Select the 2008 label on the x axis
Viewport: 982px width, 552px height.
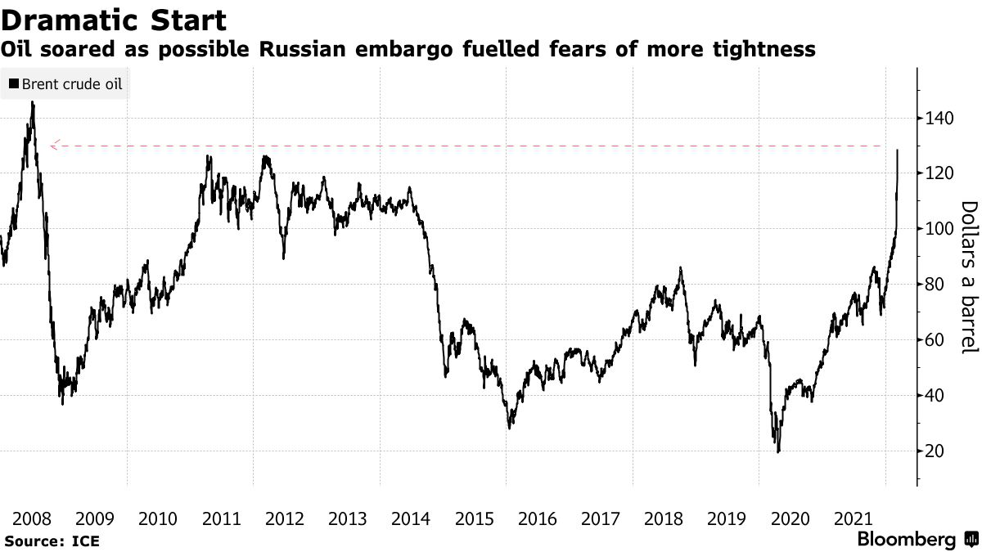coord(32,518)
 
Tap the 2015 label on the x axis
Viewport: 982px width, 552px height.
coord(474,518)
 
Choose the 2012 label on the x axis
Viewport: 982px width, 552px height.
coord(285,518)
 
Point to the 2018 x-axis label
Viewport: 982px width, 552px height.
coord(664,518)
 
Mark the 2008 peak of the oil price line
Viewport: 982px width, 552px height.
coord(33,102)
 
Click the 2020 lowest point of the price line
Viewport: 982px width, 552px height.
coord(778,451)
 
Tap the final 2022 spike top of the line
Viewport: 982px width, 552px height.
coord(898,150)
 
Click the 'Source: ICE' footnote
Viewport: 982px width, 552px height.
coord(51,541)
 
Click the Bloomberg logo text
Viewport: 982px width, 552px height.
coord(906,540)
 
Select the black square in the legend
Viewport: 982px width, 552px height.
coord(13,83)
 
